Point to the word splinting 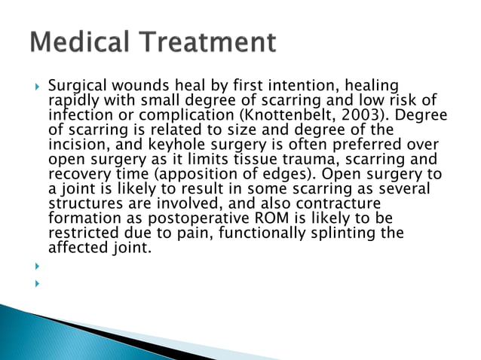pyautogui.click(x=342, y=233)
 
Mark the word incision pyautogui.click(x=76, y=145)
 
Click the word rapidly pyautogui.click(x=72, y=102)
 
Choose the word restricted pyautogui.click(x=80, y=233)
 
